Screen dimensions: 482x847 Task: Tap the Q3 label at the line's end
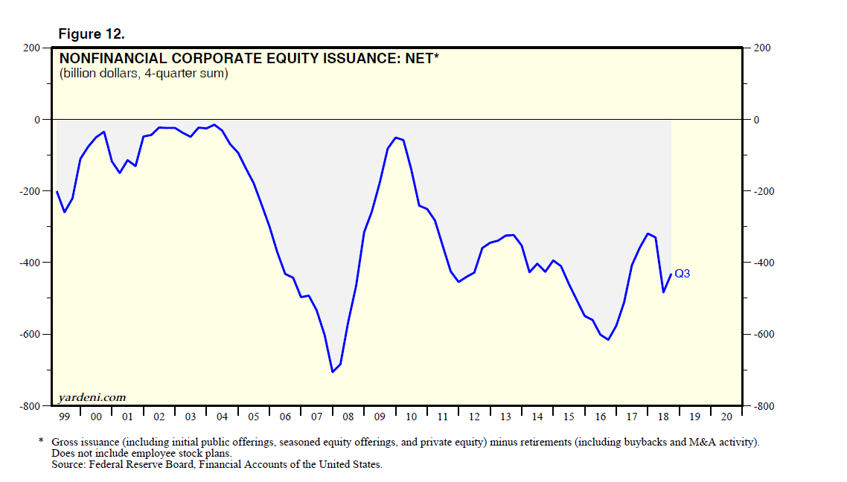[x=682, y=274]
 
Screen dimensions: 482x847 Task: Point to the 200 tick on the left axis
[x=32, y=48]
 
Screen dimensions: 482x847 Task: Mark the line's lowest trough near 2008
[x=332, y=372]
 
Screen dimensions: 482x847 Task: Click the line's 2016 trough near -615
[x=608, y=340]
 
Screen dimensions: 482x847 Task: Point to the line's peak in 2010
[x=396, y=138]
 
